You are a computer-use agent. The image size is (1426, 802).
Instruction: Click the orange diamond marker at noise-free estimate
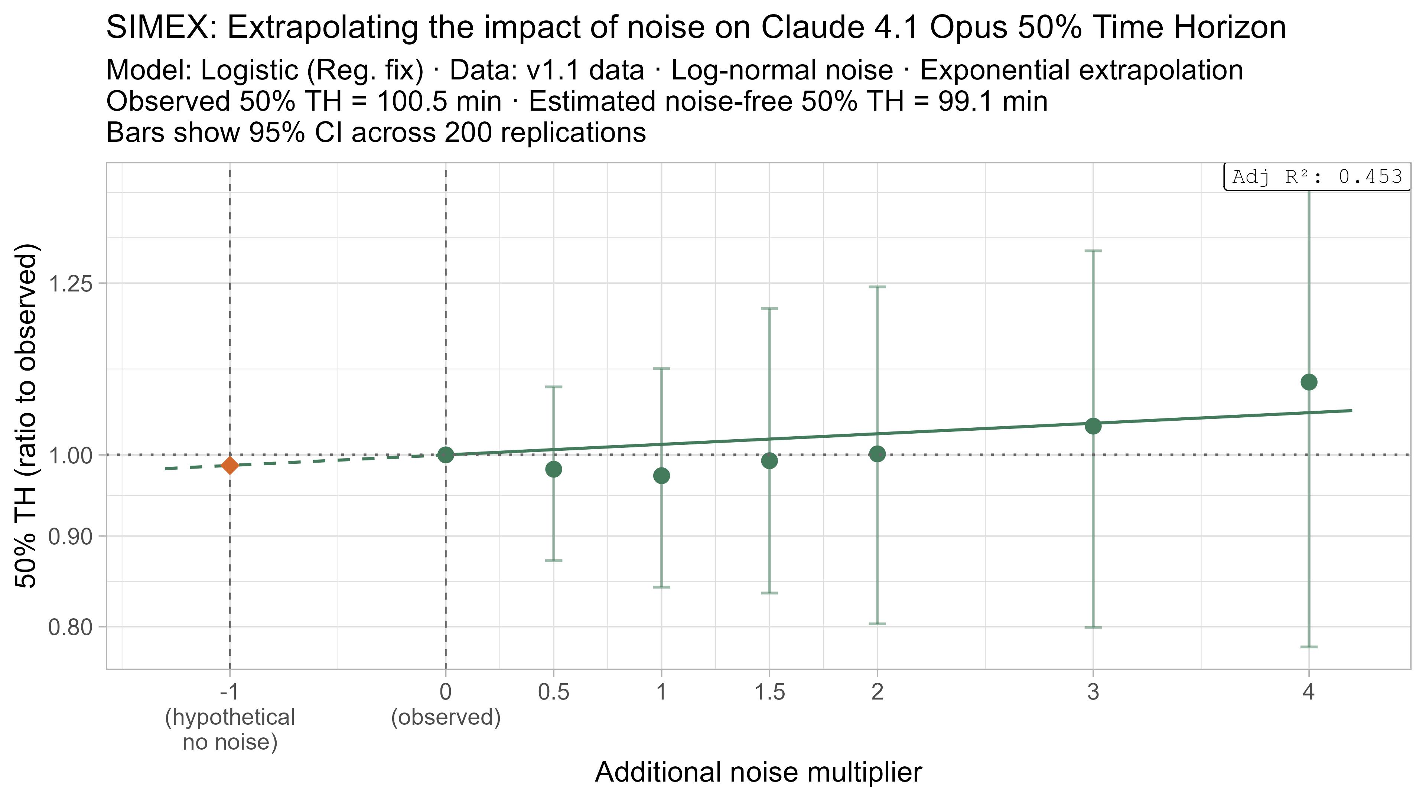click(230, 466)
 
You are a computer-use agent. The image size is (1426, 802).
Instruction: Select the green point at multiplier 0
click(446, 455)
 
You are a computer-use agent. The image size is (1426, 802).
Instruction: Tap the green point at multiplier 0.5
click(554, 469)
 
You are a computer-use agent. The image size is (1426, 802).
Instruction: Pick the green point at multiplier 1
click(661, 475)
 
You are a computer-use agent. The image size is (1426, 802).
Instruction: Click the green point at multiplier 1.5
click(769, 460)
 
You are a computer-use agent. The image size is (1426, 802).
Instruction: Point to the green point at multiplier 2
click(878, 454)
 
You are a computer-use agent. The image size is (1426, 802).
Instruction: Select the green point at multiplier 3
click(1093, 426)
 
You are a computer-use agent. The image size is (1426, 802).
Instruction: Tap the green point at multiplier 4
click(1309, 382)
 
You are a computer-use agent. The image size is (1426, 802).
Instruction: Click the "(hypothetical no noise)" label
click(230, 730)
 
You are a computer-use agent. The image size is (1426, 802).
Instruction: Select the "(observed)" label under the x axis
click(446, 717)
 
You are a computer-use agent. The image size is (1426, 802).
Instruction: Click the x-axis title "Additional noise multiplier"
click(758, 772)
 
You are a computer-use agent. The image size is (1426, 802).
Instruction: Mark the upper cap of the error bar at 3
click(1093, 251)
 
